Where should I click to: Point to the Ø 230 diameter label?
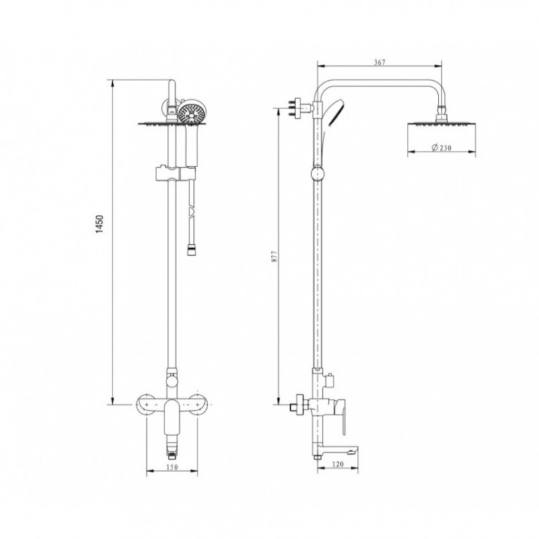(x=439, y=148)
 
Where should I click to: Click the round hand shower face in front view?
(x=192, y=111)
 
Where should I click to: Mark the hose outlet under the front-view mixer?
(x=173, y=445)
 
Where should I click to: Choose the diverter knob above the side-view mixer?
(x=329, y=381)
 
